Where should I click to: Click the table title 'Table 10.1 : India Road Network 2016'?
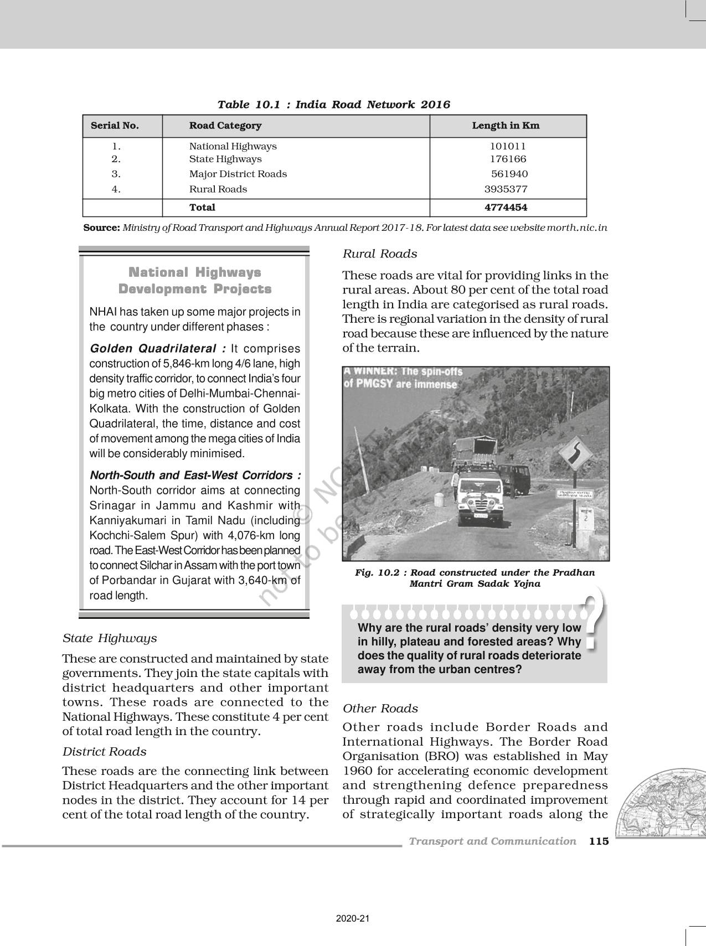click(333, 105)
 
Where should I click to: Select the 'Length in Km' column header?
click(505, 126)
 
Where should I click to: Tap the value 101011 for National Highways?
click(507, 146)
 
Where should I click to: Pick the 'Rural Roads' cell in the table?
click(218, 189)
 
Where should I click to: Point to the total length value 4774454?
click(506, 208)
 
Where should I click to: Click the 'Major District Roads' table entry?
click(238, 174)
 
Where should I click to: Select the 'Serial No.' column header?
click(115, 126)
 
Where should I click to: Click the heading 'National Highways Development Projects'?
click(195, 281)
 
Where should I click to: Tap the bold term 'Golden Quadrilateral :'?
click(158, 349)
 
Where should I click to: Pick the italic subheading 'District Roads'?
click(104, 752)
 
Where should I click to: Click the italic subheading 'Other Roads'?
click(380, 709)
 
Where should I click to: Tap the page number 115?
click(599, 841)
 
